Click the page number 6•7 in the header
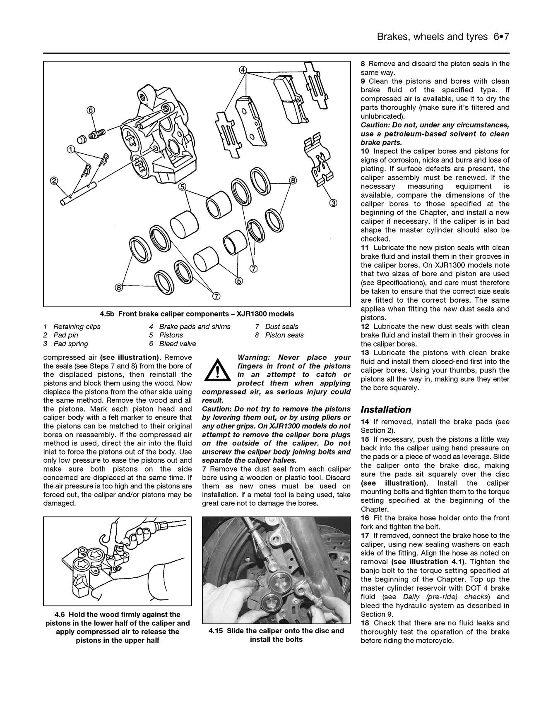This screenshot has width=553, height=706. point(500,37)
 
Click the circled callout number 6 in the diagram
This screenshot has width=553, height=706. point(91,110)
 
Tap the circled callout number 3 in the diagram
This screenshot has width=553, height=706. point(334,203)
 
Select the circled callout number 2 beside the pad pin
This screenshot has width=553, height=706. point(54,180)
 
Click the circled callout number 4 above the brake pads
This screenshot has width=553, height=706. point(243,70)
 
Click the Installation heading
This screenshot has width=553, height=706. point(386,409)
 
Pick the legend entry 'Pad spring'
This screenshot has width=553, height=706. point(71,344)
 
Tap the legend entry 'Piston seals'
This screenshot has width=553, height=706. point(284,335)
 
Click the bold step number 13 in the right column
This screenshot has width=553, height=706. point(365,353)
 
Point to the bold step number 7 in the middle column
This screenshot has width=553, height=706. point(204,469)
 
